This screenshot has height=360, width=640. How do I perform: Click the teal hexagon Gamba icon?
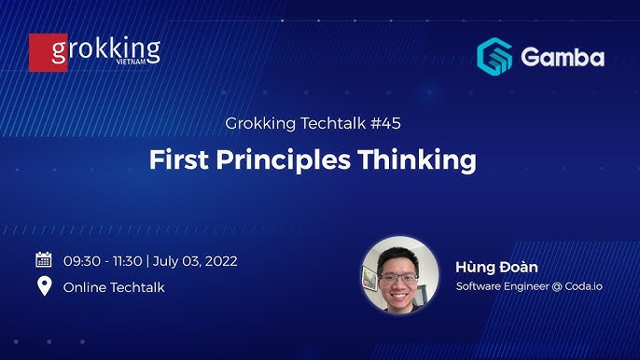click(494, 56)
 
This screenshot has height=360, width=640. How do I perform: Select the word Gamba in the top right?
click(563, 57)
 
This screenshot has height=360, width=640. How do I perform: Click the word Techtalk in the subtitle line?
click(328, 123)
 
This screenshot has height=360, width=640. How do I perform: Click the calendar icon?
click(44, 260)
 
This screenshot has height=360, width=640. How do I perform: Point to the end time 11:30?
click(128, 261)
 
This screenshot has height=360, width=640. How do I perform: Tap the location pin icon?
click(44, 286)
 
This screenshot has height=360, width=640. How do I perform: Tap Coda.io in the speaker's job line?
click(583, 286)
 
